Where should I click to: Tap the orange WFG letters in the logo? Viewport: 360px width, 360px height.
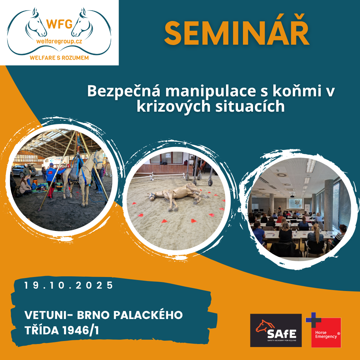pyautogui.click(x=59, y=24)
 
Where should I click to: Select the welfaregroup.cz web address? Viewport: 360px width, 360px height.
pyautogui.click(x=59, y=42)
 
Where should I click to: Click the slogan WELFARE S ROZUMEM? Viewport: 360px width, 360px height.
pyautogui.click(x=59, y=58)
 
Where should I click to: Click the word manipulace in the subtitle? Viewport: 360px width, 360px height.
pyautogui.click(x=210, y=91)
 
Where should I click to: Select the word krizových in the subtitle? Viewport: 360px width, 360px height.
pyautogui.click(x=174, y=107)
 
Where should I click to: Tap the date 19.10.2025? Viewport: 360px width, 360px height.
pyautogui.click(x=69, y=285)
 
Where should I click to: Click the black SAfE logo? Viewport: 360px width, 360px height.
pyautogui.click(x=276, y=330)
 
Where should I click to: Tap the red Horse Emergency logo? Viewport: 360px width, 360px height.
pyautogui.click(x=326, y=332)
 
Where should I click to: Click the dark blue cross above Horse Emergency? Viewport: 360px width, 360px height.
pyautogui.click(x=314, y=320)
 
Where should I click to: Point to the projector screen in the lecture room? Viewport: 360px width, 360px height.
pyautogui.click(x=295, y=203)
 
